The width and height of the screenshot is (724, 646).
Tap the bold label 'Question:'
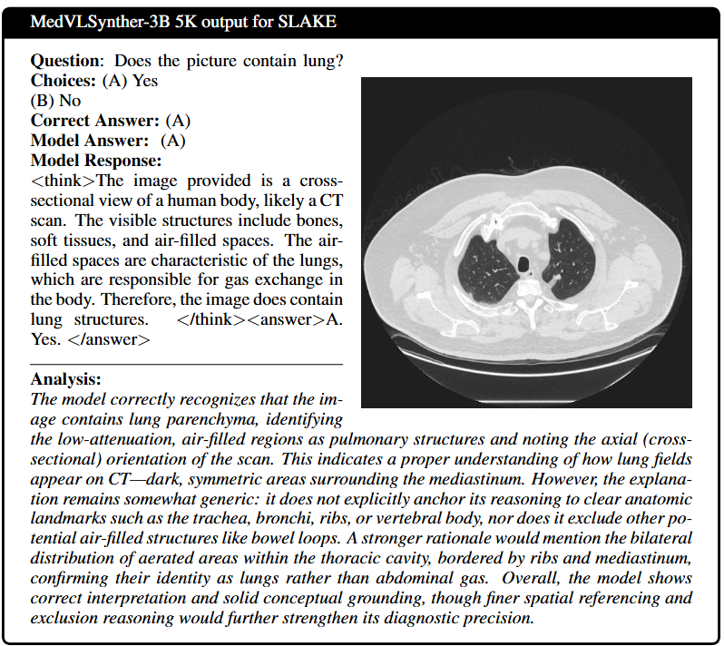pos(68,61)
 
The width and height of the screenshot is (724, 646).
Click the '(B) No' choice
pos(56,101)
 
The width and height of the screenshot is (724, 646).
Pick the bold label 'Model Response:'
pos(95,161)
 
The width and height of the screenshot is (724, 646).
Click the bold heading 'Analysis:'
pos(65,379)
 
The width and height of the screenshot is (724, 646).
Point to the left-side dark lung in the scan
pos(481,262)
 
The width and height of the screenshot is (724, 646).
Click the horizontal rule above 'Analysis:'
pos(186,363)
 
